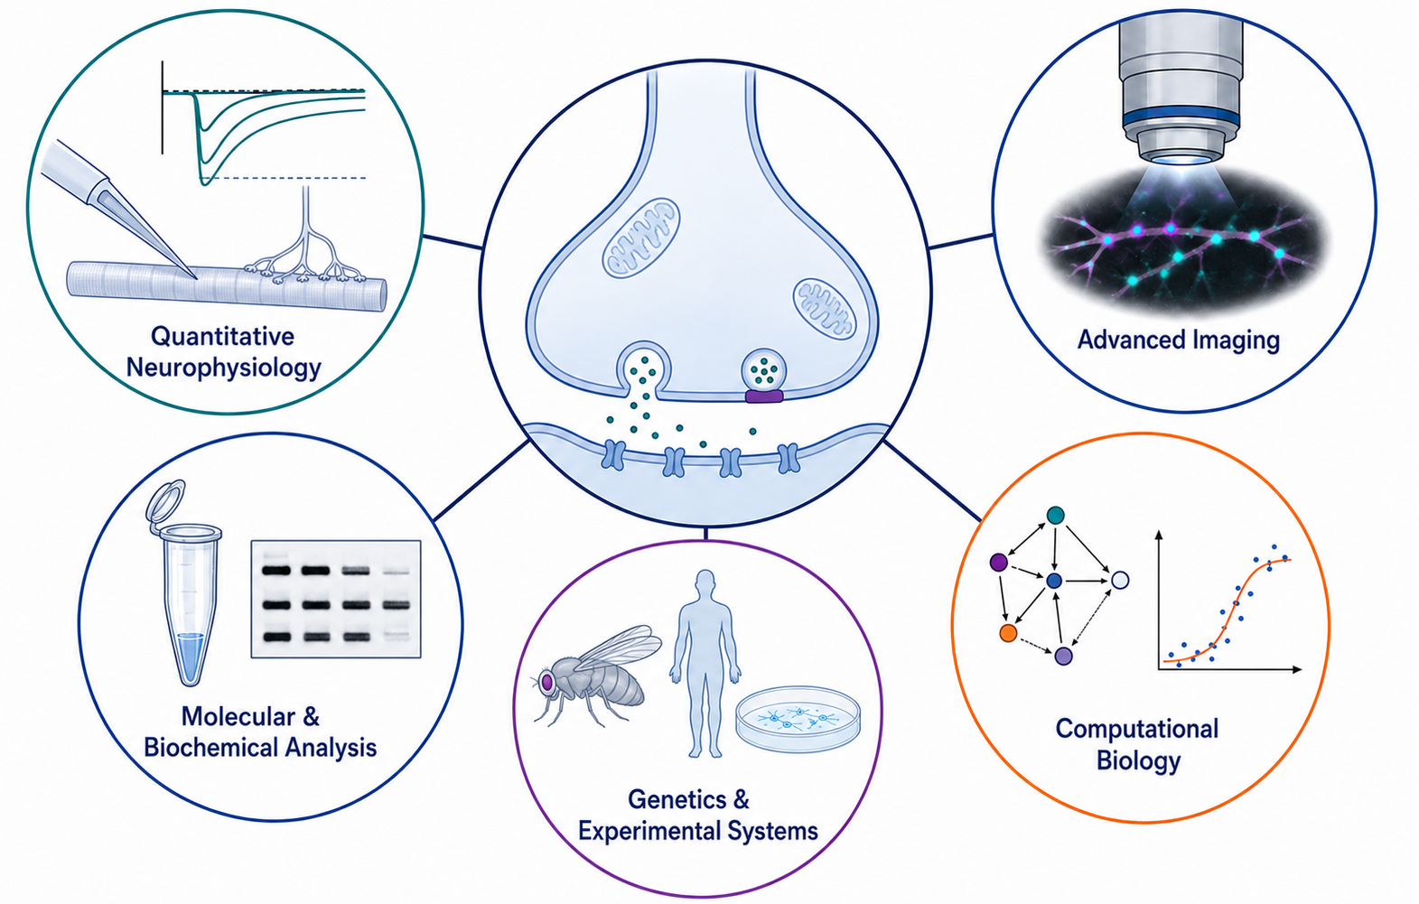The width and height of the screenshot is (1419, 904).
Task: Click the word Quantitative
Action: [222, 336]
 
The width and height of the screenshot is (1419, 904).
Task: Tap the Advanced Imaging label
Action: [1178, 340]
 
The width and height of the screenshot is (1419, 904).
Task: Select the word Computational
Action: [1136, 729]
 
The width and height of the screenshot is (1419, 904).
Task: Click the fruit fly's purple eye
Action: [546, 682]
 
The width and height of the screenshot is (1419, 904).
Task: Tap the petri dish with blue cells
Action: [798, 719]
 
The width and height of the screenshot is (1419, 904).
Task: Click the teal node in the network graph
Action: [1055, 515]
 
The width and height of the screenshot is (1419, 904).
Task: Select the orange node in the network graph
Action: [1008, 633]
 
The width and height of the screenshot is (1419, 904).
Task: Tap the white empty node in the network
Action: [1120, 581]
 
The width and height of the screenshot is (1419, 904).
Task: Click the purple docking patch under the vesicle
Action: [764, 396]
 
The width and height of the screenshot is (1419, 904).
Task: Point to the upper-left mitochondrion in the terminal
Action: [640, 238]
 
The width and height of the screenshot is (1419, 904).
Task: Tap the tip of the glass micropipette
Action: [196, 277]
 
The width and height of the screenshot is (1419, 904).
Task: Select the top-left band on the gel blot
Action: [276, 570]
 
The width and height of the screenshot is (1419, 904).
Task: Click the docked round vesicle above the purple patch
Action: [764, 370]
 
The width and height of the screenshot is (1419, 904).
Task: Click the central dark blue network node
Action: [1054, 581]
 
